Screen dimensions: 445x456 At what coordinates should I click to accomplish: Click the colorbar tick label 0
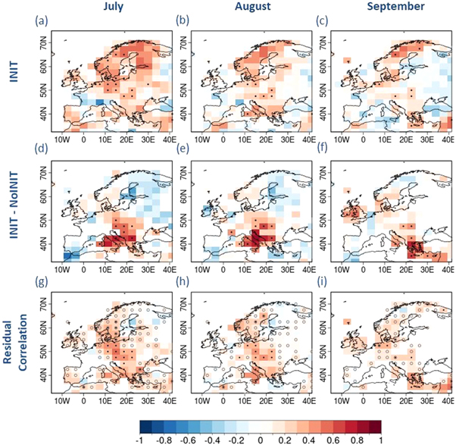pyautogui.click(x=260, y=438)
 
